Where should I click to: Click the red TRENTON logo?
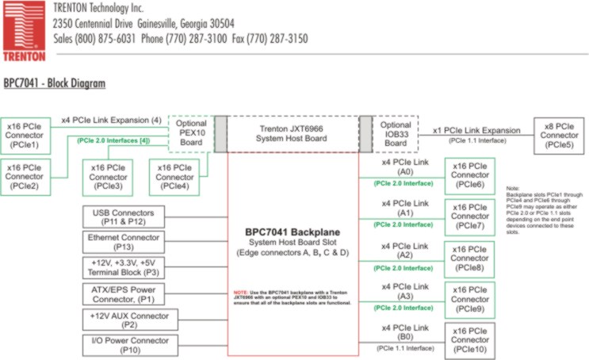click(x=24, y=32)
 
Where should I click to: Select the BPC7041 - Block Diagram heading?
click(x=55, y=82)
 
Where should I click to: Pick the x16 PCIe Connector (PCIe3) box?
click(x=107, y=177)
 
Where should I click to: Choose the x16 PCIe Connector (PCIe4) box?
click(x=175, y=177)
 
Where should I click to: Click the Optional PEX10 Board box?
click(x=191, y=132)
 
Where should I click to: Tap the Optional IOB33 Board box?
click(x=395, y=132)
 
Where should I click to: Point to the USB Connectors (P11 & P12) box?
click(x=124, y=216)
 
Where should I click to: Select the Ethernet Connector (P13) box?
click(x=124, y=241)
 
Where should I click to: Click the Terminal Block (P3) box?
click(x=124, y=266)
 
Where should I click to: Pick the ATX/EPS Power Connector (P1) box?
click(x=124, y=293)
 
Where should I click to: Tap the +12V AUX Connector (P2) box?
click(x=124, y=319)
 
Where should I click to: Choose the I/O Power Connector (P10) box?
click(x=124, y=344)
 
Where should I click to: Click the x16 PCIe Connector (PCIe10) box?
click(x=469, y=340)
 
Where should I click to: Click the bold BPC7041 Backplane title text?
click(x=293, y=232)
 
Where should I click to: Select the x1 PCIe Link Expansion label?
click(x=476, y=130)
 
